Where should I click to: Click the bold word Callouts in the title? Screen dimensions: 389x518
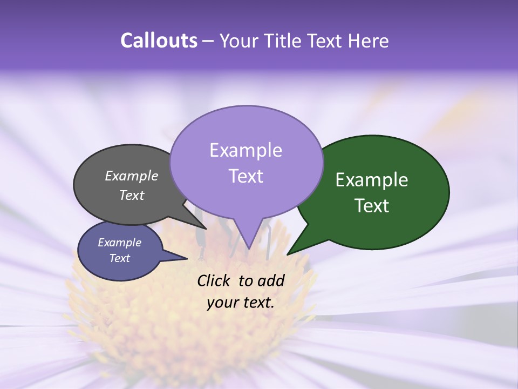pyautogui.click(x=159, y=41)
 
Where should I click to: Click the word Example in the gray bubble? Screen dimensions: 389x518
pyautogui.click(x=132, y=176)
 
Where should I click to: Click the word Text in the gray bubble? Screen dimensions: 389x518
pyautogui.click(x=132, y=195)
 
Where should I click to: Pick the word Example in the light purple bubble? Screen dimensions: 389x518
pyautogui.click(x=246, y=150)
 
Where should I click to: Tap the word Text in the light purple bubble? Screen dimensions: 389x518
pyautogui.click(x=246, y=176)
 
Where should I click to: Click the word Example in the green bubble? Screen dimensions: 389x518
pyautogui.click(x=372, y=180)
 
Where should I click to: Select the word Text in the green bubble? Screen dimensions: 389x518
pyautogui.click(x=372, y=206)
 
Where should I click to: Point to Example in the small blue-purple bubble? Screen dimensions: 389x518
pyautogui.click(x=119, y=243)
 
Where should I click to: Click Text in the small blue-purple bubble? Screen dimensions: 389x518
pyautogui.click(x=119, y=258)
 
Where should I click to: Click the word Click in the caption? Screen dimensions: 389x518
pyautogui.click(x=215, y=280)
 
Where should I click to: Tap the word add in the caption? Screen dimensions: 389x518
pyautogui.click(x=271, y=280)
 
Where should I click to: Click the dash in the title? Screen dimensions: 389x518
pyautogui.click(x=209, y=41)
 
